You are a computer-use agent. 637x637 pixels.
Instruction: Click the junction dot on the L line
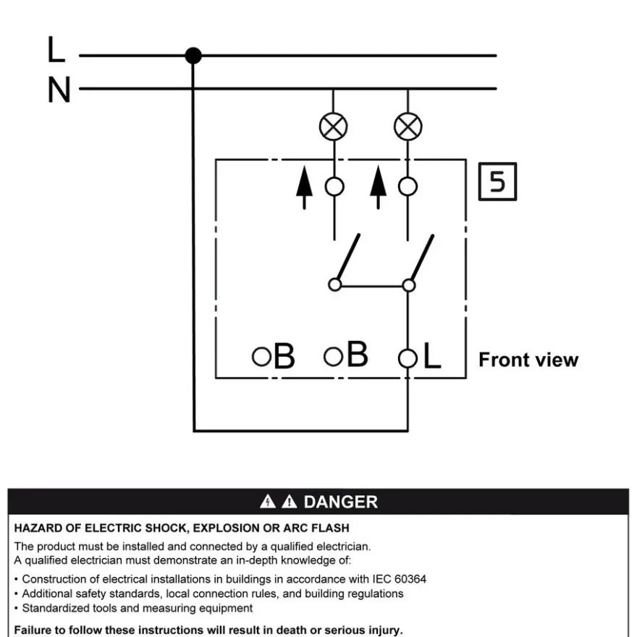tap(193, 56)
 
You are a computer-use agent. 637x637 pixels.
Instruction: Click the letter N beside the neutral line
tap(59, 90)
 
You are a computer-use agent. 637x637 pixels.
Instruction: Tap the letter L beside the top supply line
tap(56, 48)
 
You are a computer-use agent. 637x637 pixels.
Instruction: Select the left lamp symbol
tap(333, 127)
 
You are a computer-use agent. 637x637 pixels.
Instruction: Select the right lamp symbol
tap(408, 127)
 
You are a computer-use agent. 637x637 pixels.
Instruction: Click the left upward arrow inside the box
tap(304, 187)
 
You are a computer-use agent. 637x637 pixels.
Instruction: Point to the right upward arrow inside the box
tap(378, 187)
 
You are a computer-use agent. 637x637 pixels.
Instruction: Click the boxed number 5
tap(498, 182)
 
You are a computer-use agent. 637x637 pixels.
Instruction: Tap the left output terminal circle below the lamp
tap(334, 187)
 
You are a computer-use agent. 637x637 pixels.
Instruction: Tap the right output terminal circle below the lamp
tap(408, 187)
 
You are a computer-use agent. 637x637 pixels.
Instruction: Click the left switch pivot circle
tap(334, 284)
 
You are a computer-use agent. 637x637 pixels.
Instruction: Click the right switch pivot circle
tap(409, 285)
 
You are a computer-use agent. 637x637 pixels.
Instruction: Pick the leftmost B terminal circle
tap(261, 357)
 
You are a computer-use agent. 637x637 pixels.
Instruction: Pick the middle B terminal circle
tap(333, 357)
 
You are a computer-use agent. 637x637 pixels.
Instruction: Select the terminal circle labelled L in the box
tap(408, 358)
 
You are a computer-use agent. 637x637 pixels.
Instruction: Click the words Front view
tap(528, 360)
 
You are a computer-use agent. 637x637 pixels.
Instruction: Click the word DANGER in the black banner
tap(341, 502)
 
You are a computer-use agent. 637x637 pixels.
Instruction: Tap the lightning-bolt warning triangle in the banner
tap(268, 502)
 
